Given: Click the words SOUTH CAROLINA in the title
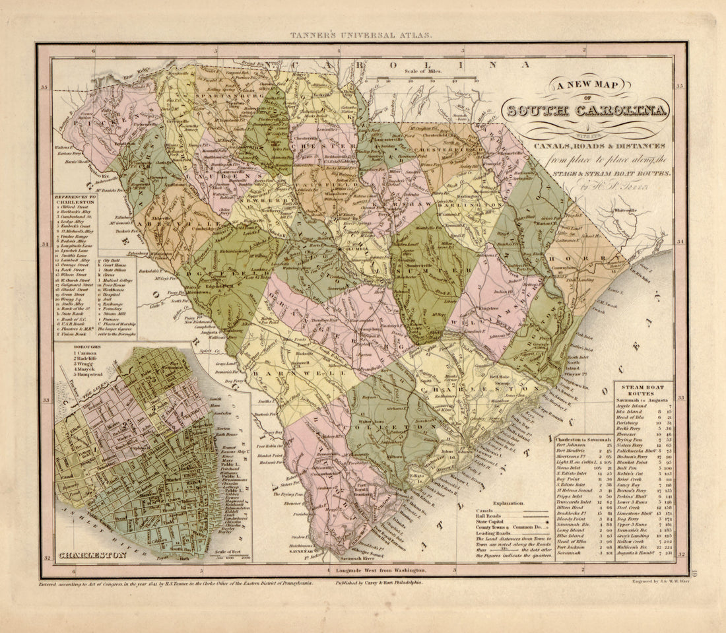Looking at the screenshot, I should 585,110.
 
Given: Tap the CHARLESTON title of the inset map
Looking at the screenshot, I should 92,556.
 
